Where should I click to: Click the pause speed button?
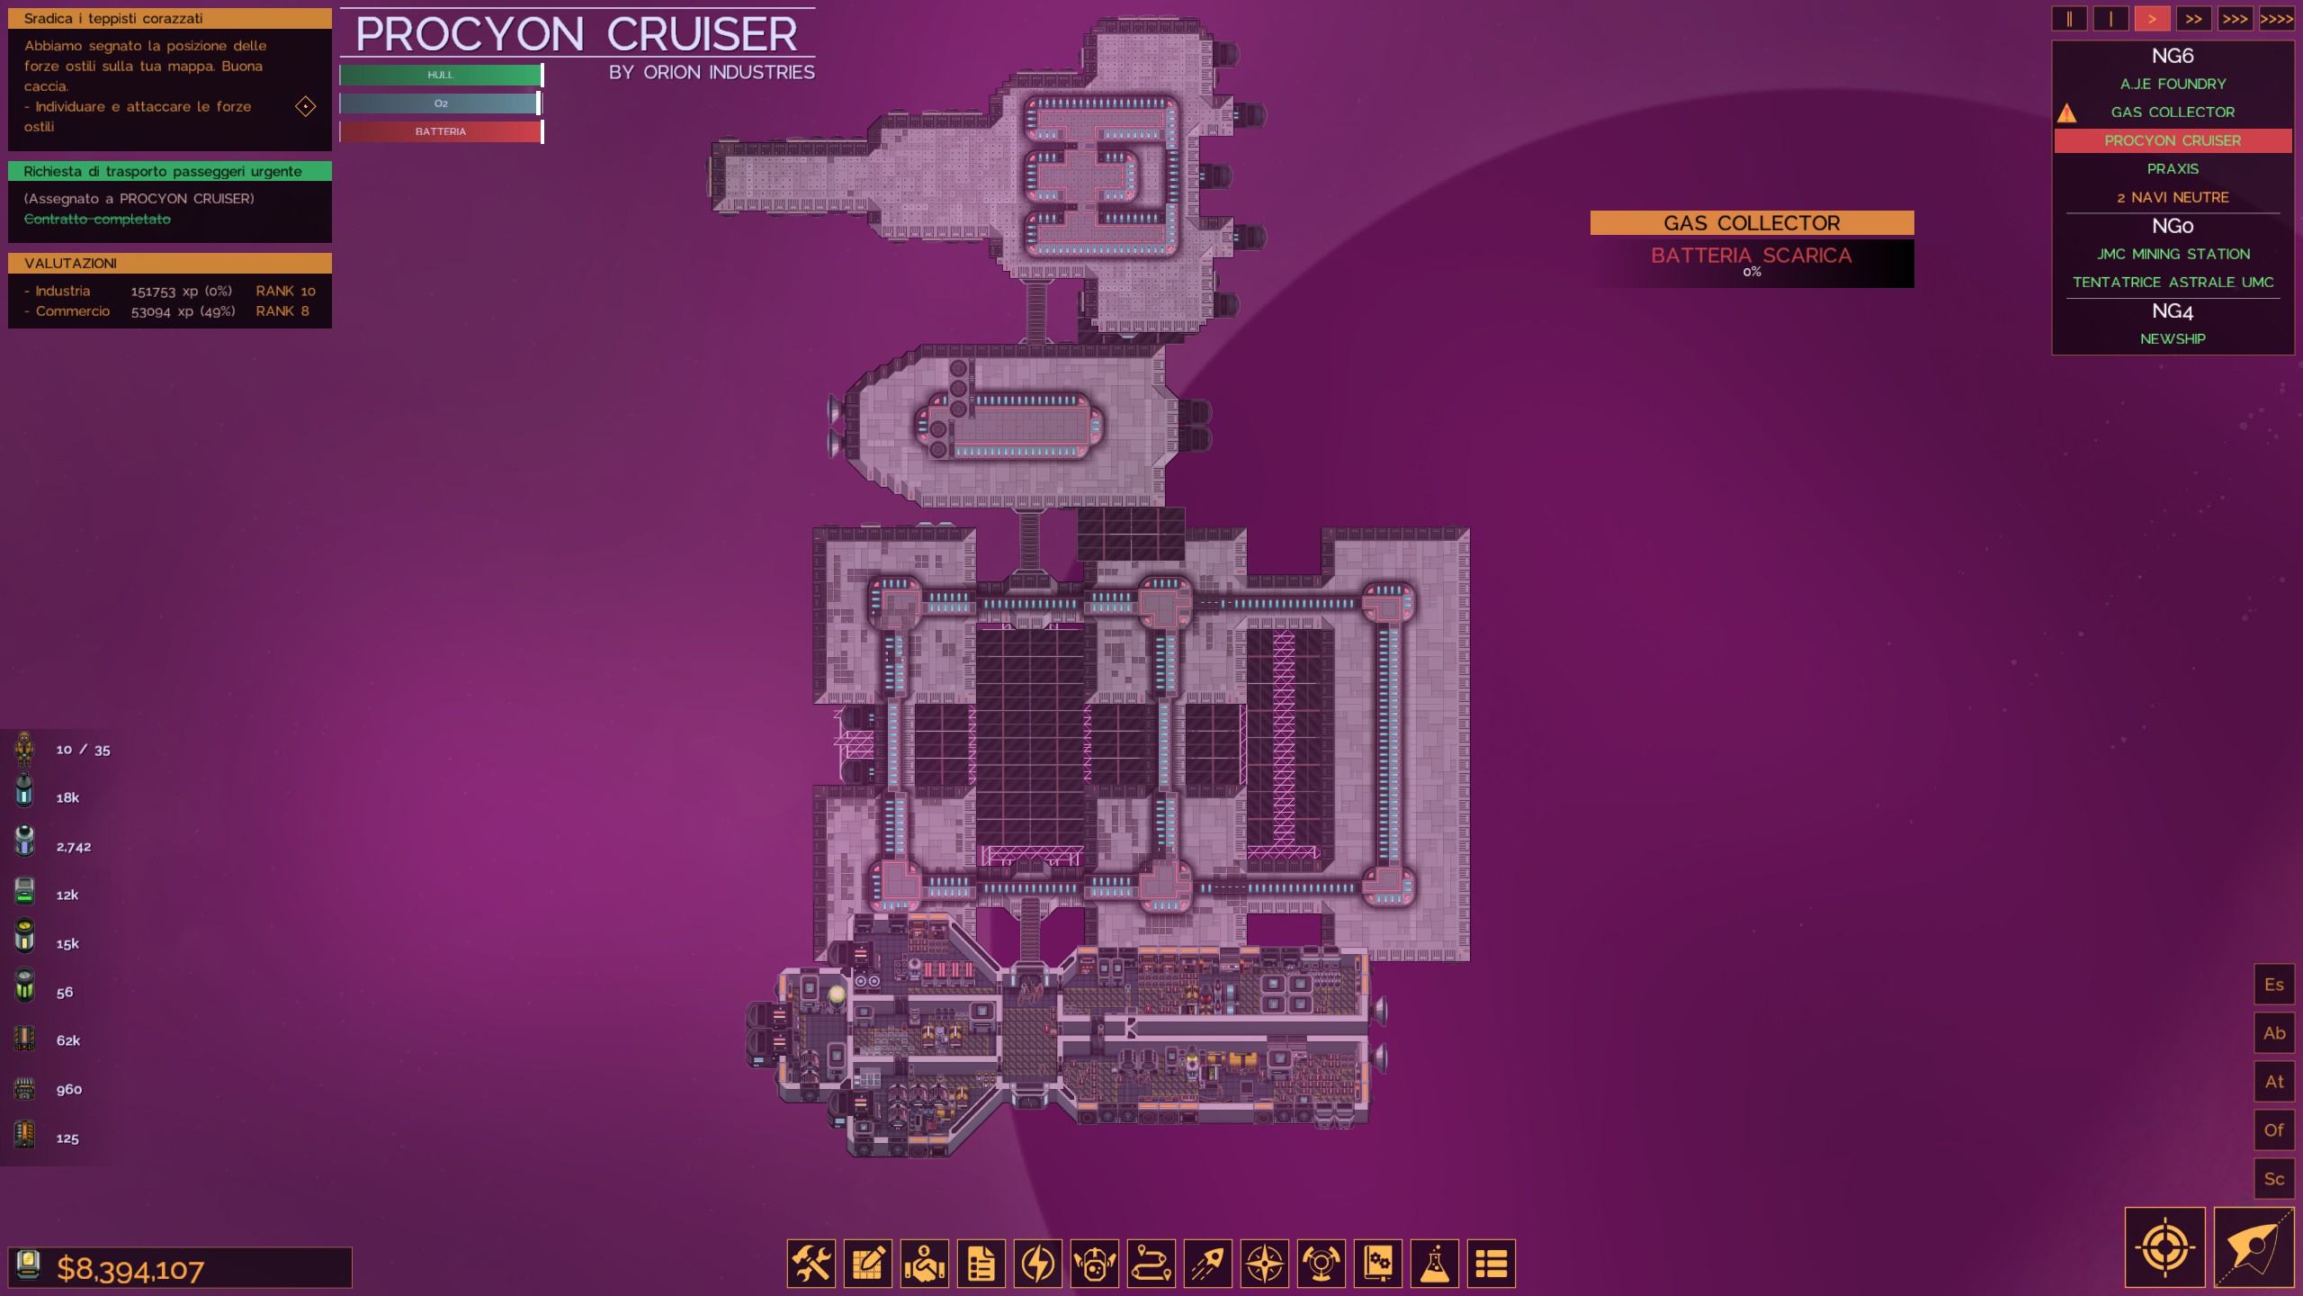pyautogui.click(x=2069, y=19)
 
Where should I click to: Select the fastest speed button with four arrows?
pyautogui.click(x=2276, y=19)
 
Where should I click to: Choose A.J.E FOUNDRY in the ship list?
pyautogui.click(x=2173, y=84)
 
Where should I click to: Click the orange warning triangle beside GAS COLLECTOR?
pyautogui.click(x=2066, y=113)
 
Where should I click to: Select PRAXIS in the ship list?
pyautogui.click(x=2173, y=169)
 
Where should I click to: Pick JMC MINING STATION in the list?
pyautogui.click(x=2173, y=254)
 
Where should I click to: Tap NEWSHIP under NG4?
pyautogui.click(x=2173, y=339)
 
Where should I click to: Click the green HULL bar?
pyautogui.click(x=441, y=75)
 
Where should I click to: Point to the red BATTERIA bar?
pyautogui.click(x=441, y=131)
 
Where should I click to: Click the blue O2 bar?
pyautogui.click(x=441, y=103)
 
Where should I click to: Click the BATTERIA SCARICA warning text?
pyautogui.click(x=1751, y=256)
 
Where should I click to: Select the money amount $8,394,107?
pyautogui.click(x=130, y=1269)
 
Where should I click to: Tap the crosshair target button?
pyautogui.click(x=2164, y=1247)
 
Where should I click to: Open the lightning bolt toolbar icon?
pyautogui.click(x=1038, y=1264)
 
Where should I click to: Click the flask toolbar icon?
pyautogui.click(x=1434, y=1264)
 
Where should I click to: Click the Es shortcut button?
pyautogui.click(x=2273, y=985)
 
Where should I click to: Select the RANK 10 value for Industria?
pyautogui.click(x=285, y=291)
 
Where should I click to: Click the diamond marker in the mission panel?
pyautogui.click(x=306, y=107)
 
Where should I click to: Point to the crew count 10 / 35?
pyautogui.click(x=83, y=750)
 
